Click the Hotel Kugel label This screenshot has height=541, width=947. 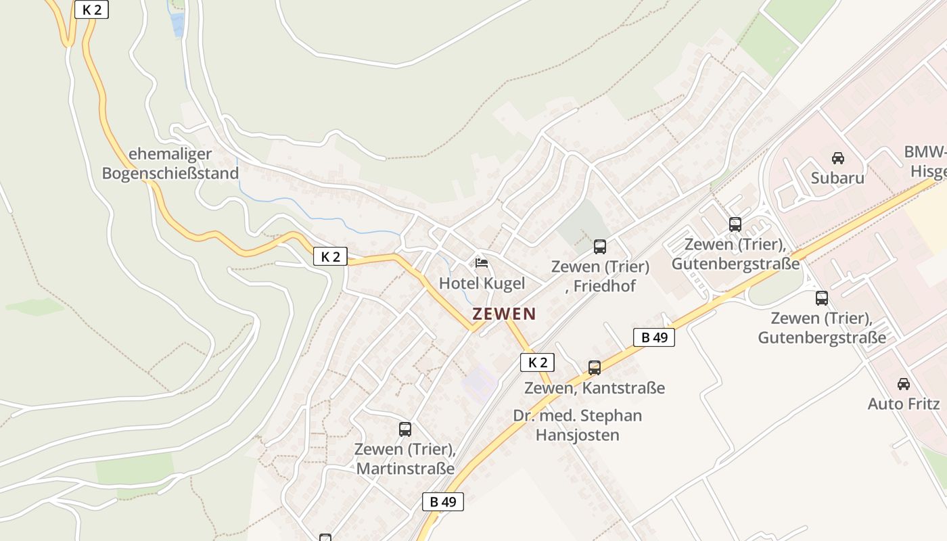tap(482, 283)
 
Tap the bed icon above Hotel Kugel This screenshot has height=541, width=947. tap(482, 262)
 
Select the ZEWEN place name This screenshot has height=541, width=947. tap(504, 314)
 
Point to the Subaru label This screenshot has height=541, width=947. tap(837, 178)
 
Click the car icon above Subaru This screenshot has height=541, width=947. tap(837, 158)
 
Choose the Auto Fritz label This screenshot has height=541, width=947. tap(904, 404)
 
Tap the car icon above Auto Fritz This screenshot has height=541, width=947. tap(903, 384)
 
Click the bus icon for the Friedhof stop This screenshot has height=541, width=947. tap(600, 247)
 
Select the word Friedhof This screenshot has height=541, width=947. tap(605, 286)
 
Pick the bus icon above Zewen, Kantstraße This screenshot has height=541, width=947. tap(595, 368)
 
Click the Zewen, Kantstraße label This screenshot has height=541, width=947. tap(595, 388)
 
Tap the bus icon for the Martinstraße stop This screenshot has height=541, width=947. tap(405, 429)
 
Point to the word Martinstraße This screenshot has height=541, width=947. tap(405, 469)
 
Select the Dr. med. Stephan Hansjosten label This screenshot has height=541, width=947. tap(577, 425)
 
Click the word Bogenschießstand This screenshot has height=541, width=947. tap(170, 174)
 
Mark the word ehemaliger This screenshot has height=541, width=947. tap(170, 154)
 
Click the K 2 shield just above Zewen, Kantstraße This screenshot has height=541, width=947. tap(537, 362)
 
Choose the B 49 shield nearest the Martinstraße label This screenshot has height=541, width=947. tap(443, 502)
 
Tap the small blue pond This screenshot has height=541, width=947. tap(177, 25)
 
